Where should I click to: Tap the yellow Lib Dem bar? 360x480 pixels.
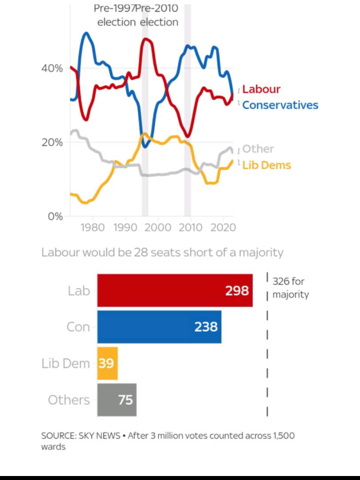click(107, 364)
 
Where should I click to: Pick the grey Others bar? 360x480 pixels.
click(116, 400)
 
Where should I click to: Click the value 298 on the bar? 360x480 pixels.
click(236, 291)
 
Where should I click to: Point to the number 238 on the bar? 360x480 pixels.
click(206, 327)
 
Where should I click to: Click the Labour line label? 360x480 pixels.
click(261, 89)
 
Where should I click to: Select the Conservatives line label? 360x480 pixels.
click(280, 105)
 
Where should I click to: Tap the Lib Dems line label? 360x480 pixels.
click(266, 165)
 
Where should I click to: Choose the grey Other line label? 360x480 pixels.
click(258, 149)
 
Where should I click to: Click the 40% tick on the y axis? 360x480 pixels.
click(52, 68)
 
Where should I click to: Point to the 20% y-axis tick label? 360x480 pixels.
click(52, 142)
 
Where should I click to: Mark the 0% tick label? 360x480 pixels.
click(54, 216)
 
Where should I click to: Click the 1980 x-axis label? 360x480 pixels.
click(92, 228)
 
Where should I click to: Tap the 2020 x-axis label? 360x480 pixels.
click(221, 228)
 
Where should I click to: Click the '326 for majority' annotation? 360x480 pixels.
click(290, 288)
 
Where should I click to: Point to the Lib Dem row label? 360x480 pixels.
click(65, 364)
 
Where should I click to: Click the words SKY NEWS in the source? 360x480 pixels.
click(99, 436)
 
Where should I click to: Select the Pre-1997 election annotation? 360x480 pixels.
click(116, 15)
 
